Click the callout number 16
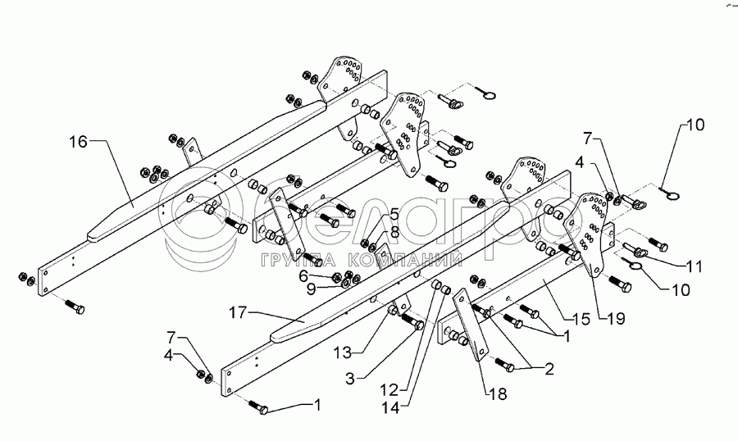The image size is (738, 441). (x=76, y=143)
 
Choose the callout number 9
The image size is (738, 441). (x=312, y=288)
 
